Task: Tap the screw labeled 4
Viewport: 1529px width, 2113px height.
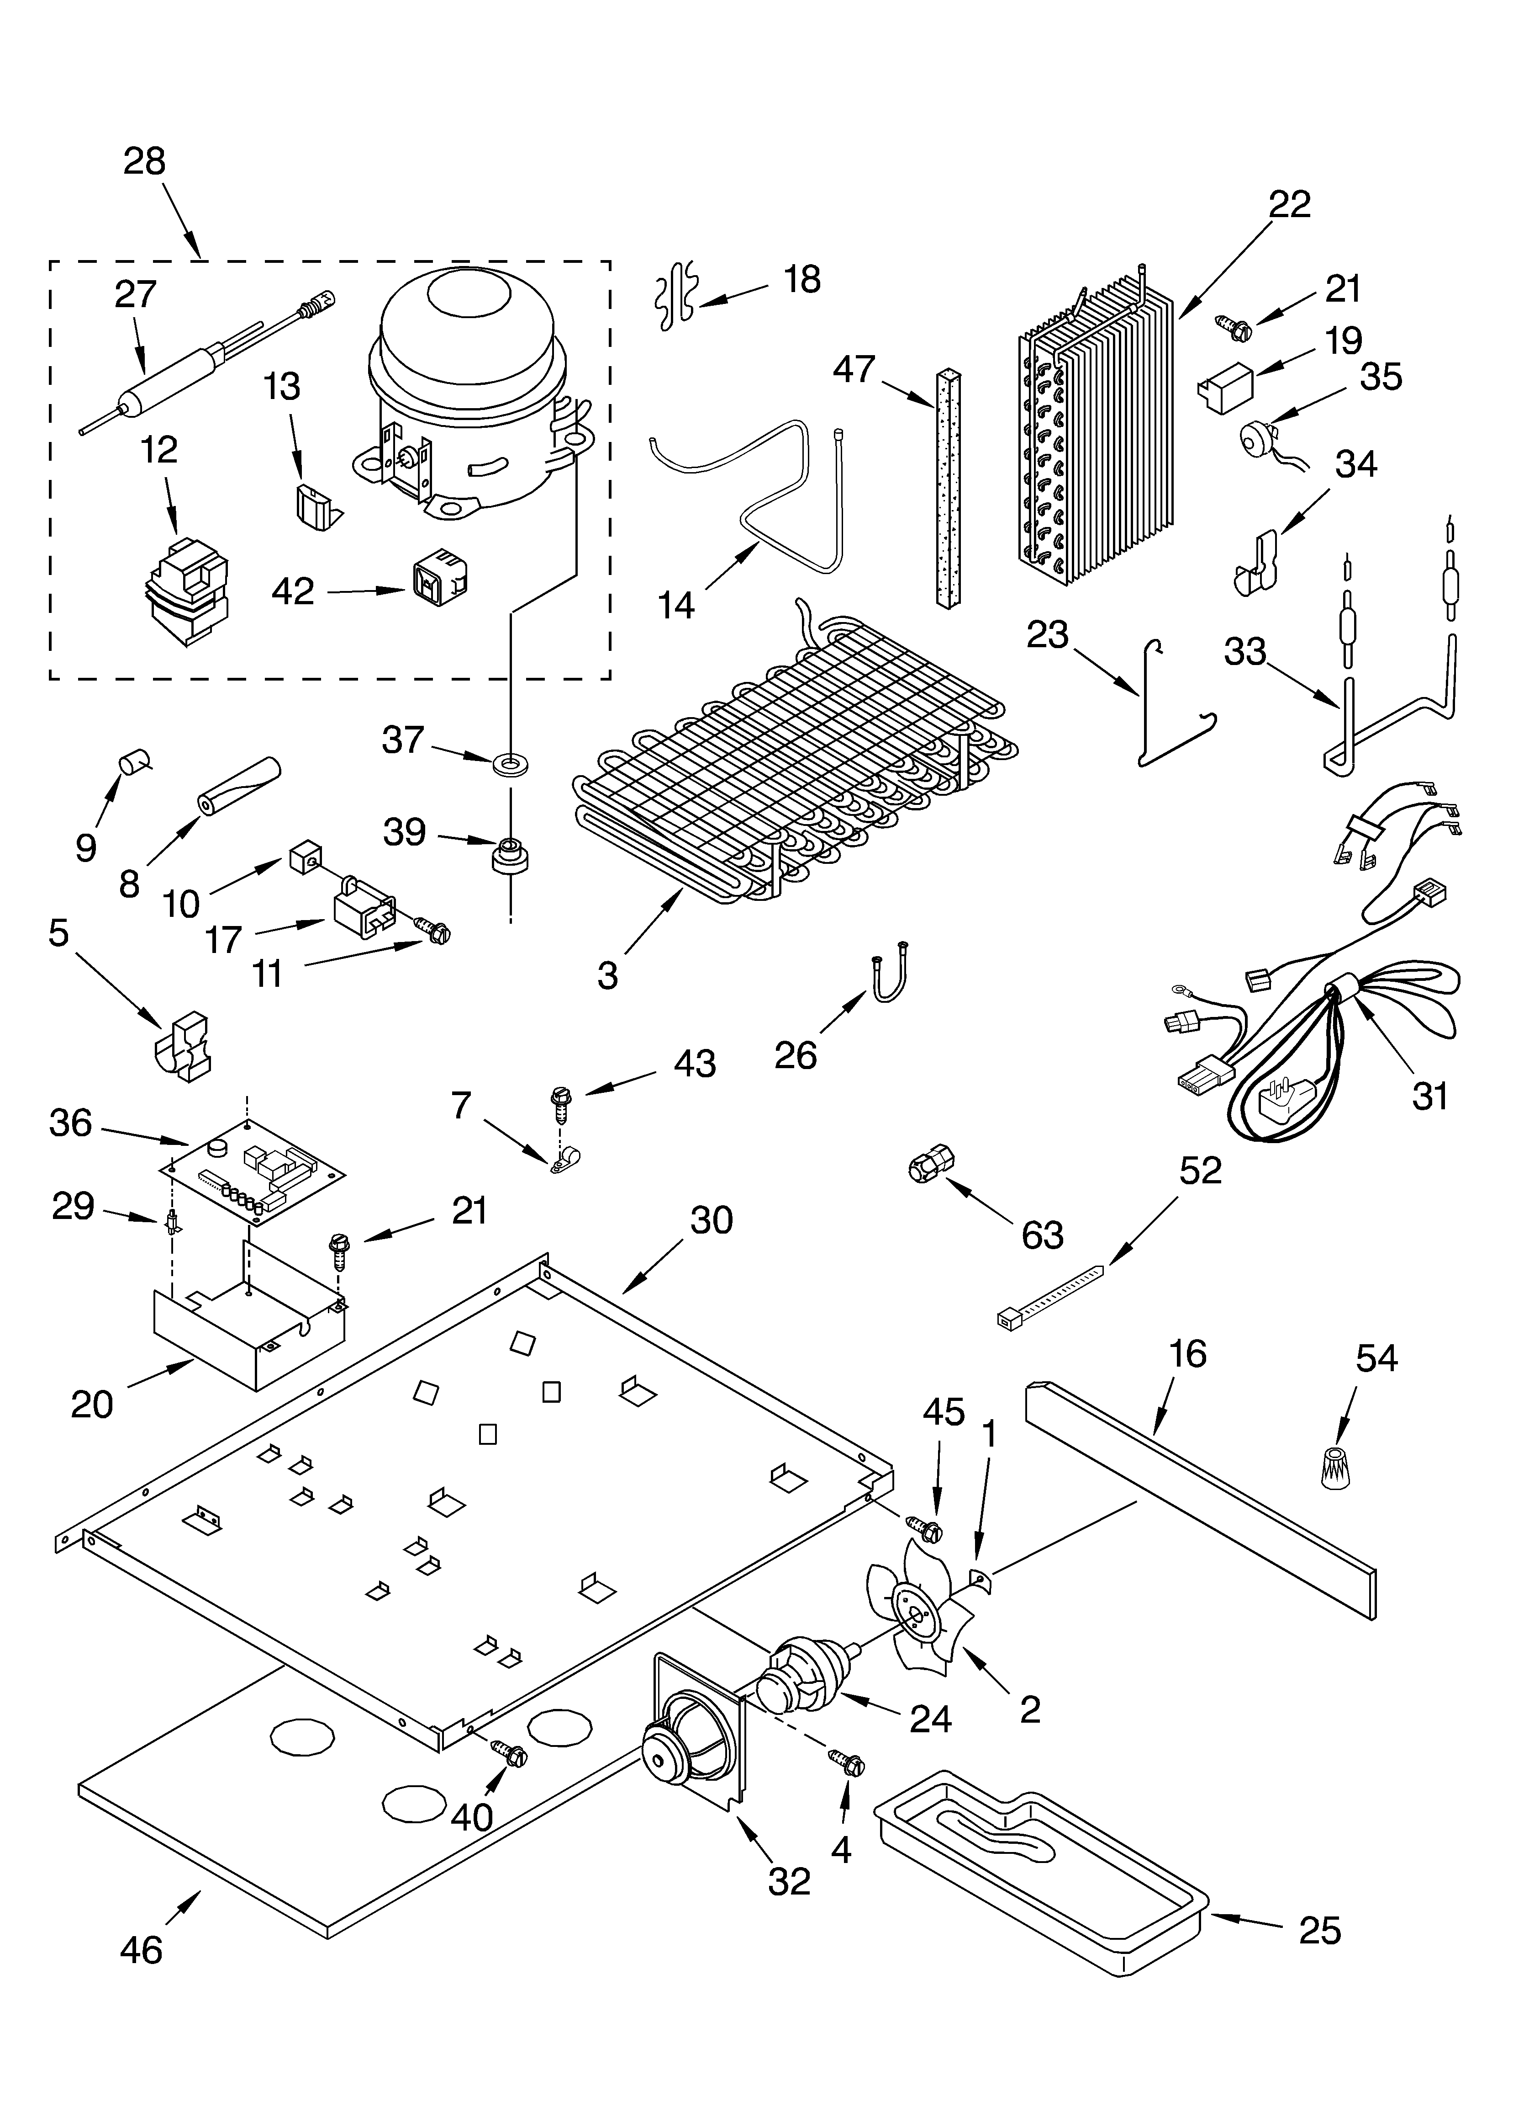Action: coord(847,1760)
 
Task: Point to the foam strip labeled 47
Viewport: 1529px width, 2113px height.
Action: coord(947,489)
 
